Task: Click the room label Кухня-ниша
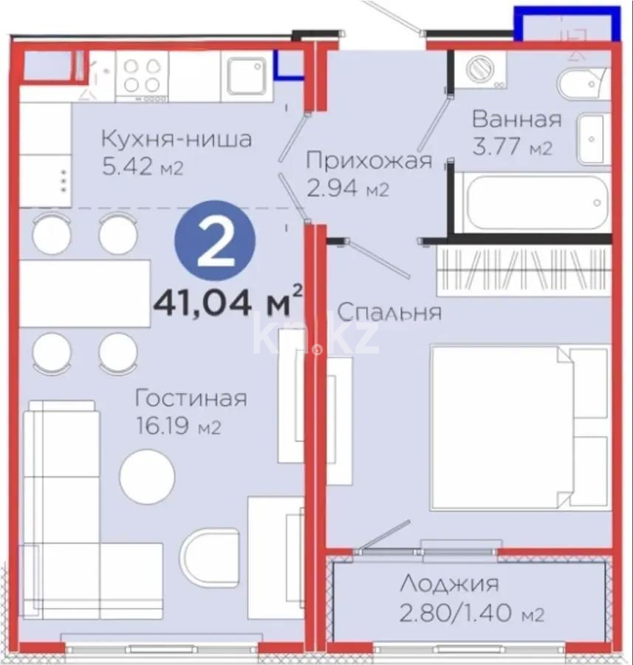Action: pyautogui.click(x=176, y=138)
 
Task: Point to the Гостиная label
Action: pyautogui.click(x=191, y=398)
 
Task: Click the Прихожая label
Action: pyautogui.click(x=368, y=160)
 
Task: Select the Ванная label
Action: pyautogui.click(x=517, y=119)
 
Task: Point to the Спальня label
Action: pyautogui.click(x=389, y=312)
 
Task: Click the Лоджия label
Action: pyautogui.click(x=449, y=584)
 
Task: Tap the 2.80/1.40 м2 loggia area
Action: pyautogui.click(x=472, y=613)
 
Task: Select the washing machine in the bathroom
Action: pyautogui.click(x=481, y=71)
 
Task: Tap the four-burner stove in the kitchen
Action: pyautogui.click(x=142, y=75)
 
